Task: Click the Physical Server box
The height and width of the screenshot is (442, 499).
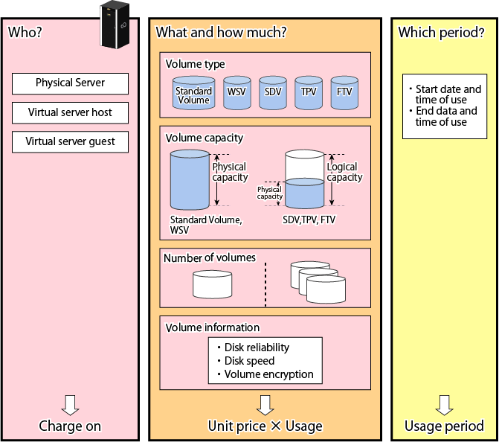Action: (71, 83)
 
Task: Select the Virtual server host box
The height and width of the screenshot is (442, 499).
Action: (71, 112)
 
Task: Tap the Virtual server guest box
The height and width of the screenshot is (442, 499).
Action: (71, 141)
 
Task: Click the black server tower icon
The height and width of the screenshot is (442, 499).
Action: (115, 25)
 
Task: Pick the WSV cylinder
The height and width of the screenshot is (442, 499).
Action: (237, 93)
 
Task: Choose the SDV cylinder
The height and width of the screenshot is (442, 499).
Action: (273, 93)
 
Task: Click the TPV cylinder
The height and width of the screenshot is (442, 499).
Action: (309, 93)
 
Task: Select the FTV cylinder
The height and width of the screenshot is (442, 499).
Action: (344, 93)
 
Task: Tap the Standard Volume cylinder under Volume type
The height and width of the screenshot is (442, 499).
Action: (194, 93)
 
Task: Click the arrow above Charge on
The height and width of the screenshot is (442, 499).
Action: (71, 405)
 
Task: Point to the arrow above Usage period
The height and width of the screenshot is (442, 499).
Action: (444, 405)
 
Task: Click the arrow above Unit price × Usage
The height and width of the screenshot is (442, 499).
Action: (265, 405)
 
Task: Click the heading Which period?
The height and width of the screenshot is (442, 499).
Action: (442, 33)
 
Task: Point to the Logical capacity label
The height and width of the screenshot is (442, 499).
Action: (344, 172)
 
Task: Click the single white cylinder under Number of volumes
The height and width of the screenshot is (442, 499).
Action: (212, 284)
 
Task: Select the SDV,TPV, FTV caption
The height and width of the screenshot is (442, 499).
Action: (309, 220)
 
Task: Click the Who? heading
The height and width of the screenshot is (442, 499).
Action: (25, 32)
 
